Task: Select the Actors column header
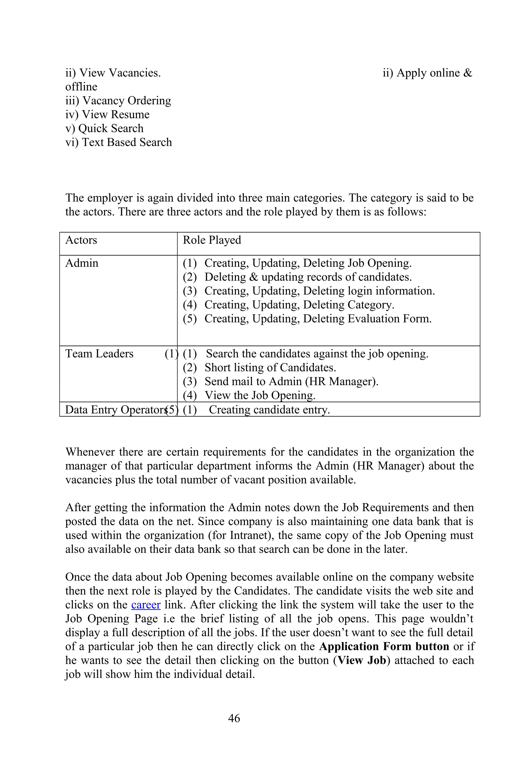(x=81, y=240)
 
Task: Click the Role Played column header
(x=212, y=240)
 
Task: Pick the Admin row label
(x=82, y=263)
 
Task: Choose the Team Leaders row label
(x=99, y=354)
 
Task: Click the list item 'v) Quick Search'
(x=104, y=128)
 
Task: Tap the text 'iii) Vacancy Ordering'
(x=118, y=100)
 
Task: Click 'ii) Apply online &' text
(x=427, y=73)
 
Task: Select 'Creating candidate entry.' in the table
(x=269, y=409)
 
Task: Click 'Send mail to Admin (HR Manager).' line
(x=291, y=381)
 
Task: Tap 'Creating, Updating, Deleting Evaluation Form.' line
(x=318, y=319)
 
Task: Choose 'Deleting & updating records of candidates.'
(x=308, y=277)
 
